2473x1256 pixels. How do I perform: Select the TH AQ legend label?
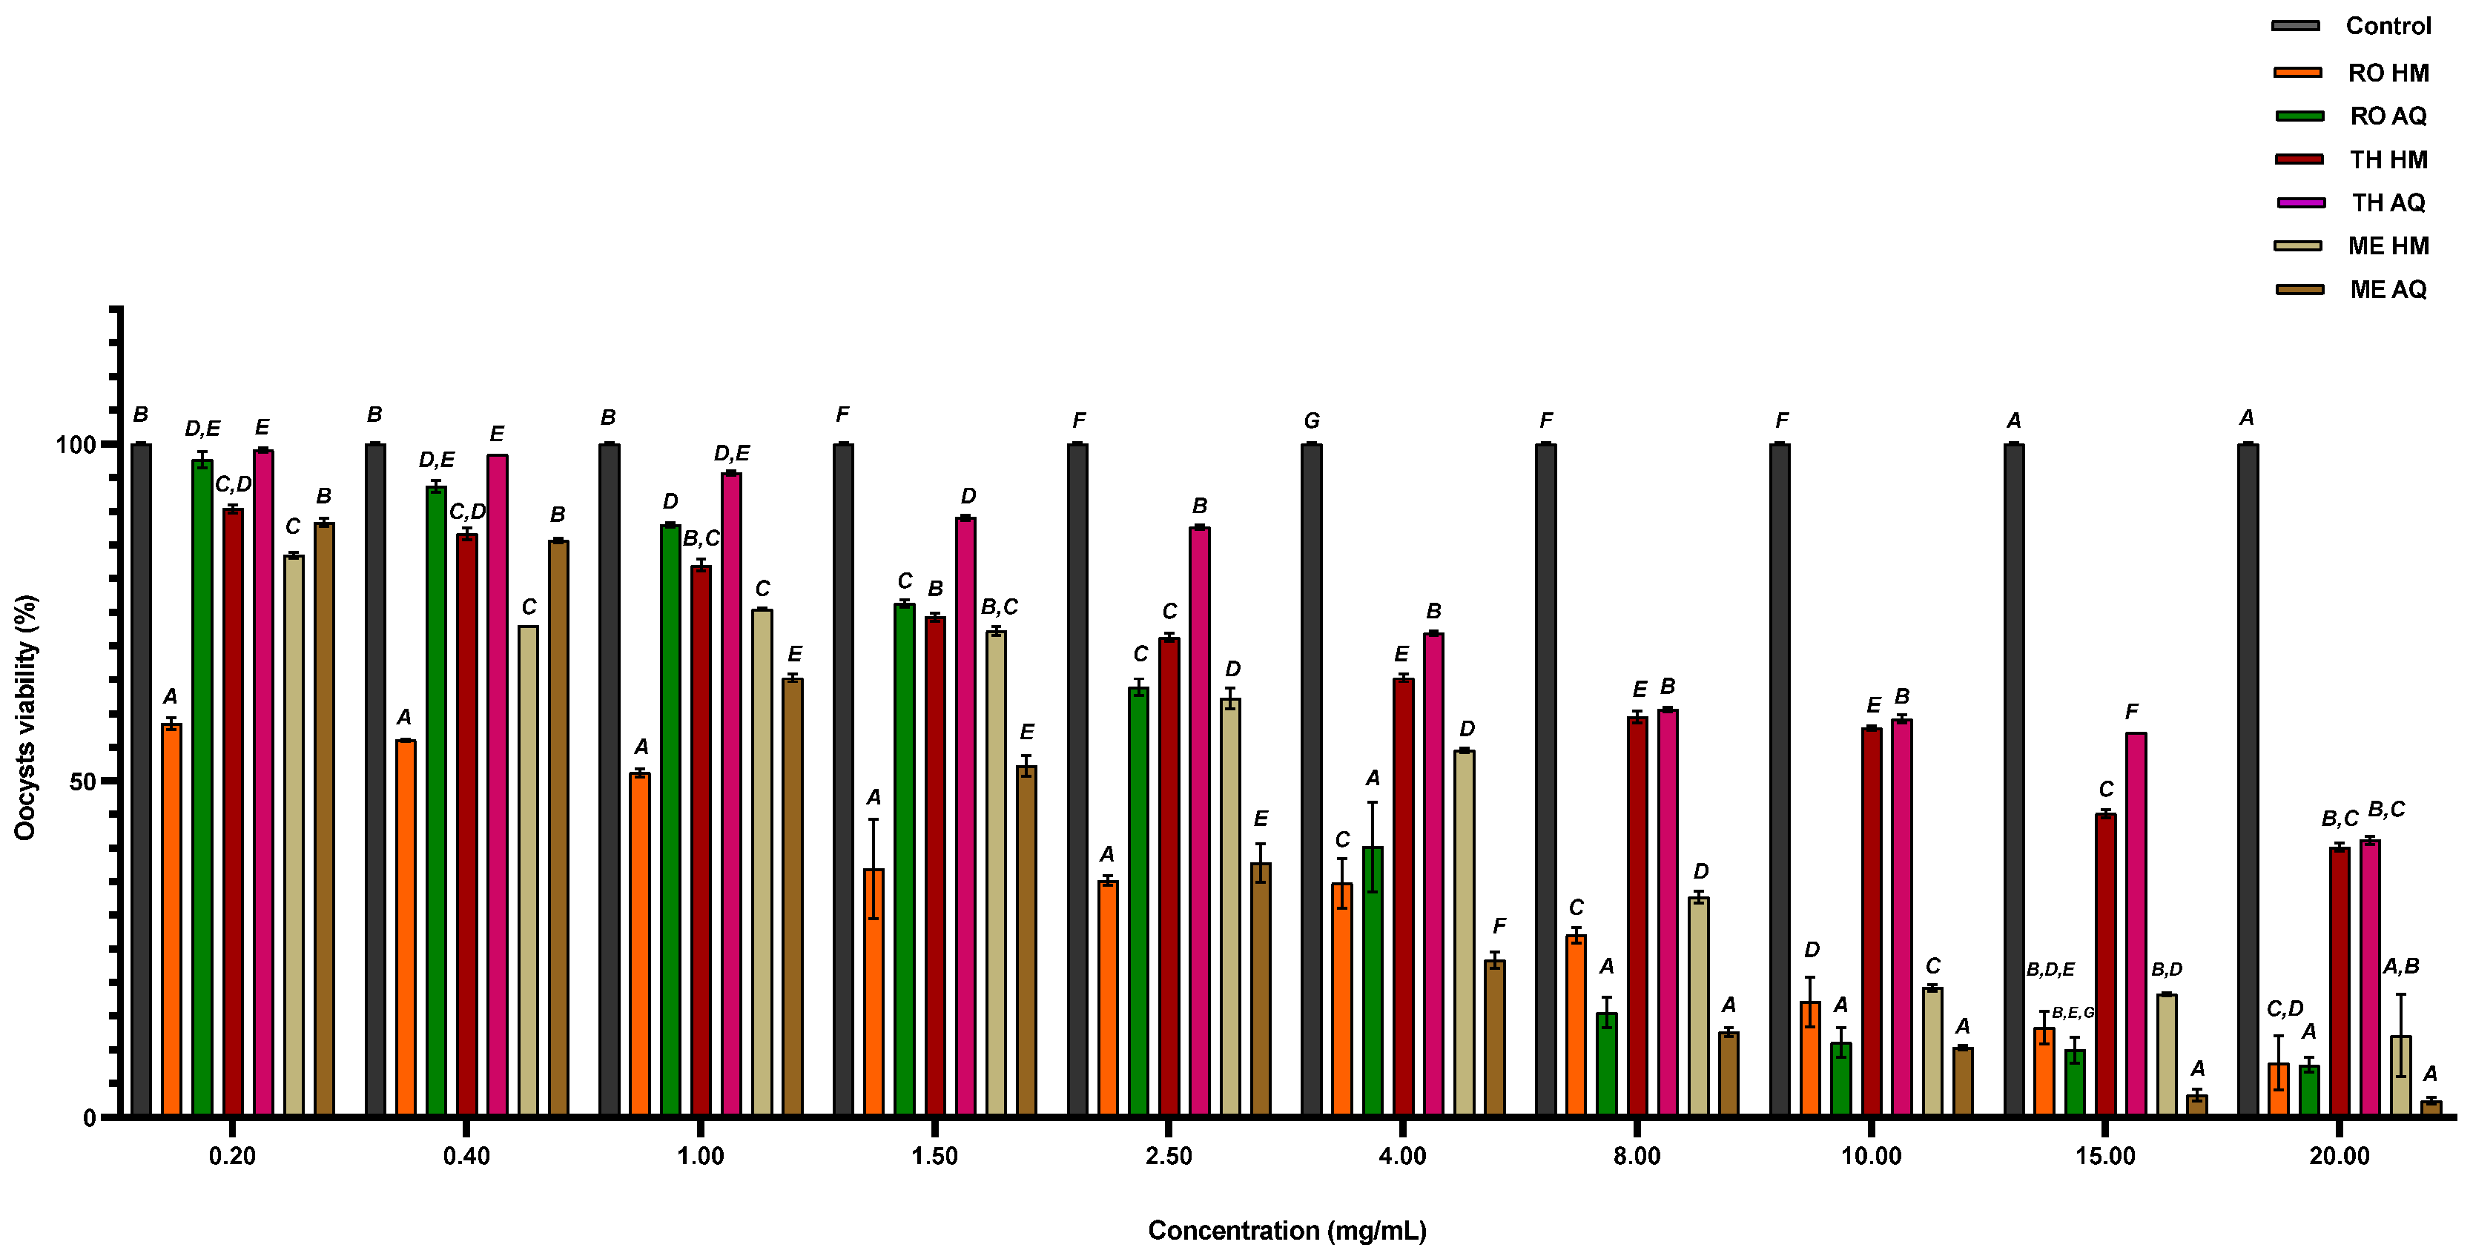[2388, 202]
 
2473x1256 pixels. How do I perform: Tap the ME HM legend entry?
[2388, 246]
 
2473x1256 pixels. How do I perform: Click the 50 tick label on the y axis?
[82, 781]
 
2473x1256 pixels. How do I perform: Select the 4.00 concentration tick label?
[1401, 1156]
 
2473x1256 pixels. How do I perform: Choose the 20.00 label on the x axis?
[2339, 1156]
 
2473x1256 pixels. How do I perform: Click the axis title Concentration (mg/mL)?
[1287, 1230]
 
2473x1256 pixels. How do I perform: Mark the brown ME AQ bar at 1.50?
[1026, 941]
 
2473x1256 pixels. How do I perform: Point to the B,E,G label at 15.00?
[2073, 1012]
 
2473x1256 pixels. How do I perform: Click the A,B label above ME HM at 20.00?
[2400, 967]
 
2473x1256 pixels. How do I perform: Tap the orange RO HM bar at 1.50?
[874, 993]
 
